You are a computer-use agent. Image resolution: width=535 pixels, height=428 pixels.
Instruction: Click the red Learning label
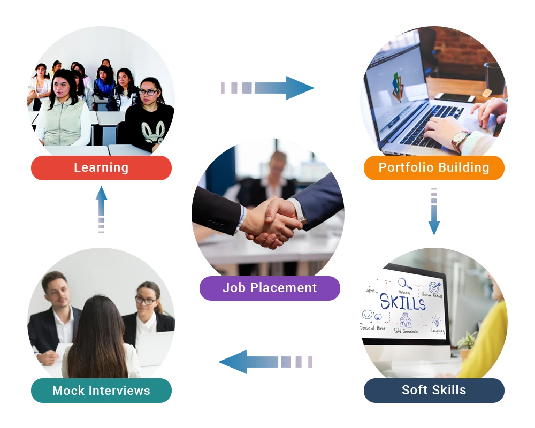coord(101,167)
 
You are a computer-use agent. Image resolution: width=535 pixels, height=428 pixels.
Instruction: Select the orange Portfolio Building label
coord(434,167)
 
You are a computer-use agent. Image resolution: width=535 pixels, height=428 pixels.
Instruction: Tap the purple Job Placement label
coord(270,288)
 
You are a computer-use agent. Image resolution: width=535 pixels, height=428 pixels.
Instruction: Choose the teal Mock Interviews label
coord(101,391)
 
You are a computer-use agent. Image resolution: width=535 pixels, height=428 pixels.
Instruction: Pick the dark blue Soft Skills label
coord(434,390)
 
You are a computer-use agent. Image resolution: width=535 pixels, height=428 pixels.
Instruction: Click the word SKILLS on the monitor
coord(402,303)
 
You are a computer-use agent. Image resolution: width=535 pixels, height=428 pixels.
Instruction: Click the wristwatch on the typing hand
coord(460,141)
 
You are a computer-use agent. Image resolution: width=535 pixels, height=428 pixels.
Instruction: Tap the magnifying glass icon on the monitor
coord(404,283)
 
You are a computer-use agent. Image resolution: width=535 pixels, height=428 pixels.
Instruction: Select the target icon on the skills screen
coord(434,287)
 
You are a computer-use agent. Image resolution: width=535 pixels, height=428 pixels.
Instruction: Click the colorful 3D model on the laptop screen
coord(397,86)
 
